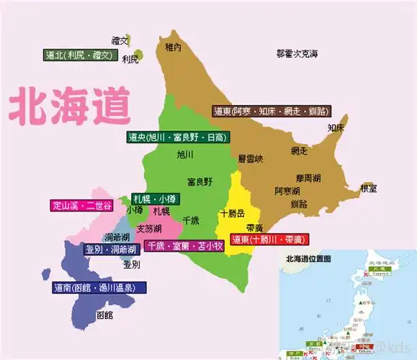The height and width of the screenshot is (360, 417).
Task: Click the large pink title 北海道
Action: point(71,106)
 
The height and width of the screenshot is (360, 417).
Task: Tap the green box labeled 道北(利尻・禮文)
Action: point(79,55)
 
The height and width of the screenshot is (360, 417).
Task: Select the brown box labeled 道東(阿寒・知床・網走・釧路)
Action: point(271,111)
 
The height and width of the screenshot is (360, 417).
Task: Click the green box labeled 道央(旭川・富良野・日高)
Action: point(176,138)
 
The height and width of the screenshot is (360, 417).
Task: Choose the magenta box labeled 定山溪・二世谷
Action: point(82,206)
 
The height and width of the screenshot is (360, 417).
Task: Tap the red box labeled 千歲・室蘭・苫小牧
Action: point(184,246)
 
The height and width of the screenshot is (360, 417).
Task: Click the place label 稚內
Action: point(173,48)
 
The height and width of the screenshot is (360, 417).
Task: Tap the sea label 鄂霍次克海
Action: point(297,53)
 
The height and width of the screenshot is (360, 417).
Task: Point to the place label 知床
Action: point(336,127)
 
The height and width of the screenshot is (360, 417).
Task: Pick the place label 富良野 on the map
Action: point(199,181)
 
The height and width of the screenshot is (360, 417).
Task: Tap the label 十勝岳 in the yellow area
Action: point(232,213)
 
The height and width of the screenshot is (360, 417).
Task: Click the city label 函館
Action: point(104,315)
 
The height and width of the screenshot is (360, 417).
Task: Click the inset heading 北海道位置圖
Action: point(308,258)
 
